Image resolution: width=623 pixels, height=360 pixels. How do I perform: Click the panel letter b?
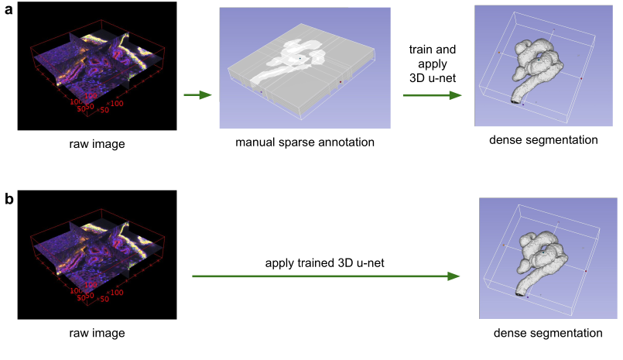tap(9, 199)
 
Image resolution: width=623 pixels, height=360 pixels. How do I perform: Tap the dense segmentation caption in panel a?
tap(538, 140)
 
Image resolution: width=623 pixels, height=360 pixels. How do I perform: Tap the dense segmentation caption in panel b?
tap(548, 333)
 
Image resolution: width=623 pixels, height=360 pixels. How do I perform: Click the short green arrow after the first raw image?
tap(197, 95)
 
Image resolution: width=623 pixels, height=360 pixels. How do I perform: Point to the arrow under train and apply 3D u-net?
tap(432, 95)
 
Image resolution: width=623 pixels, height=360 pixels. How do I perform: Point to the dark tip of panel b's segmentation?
tap(521, 294)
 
